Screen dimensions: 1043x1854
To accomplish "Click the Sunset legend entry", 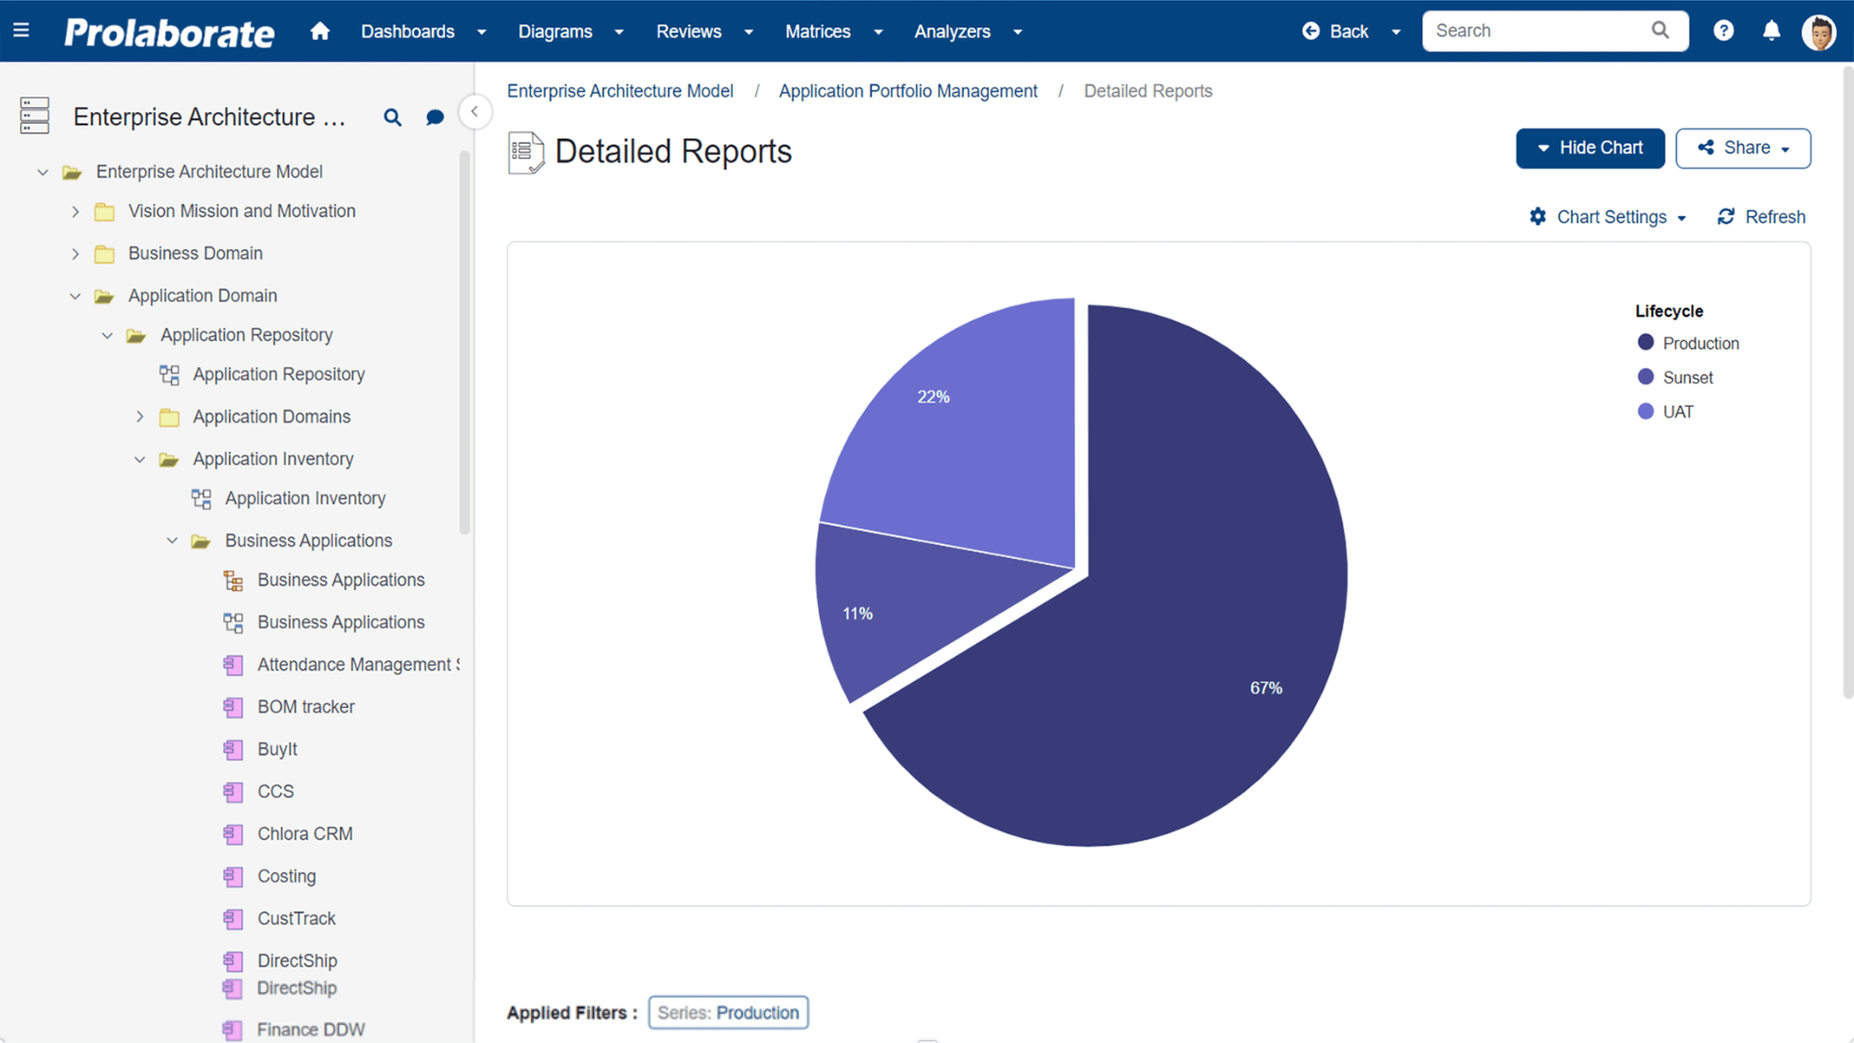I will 1687,378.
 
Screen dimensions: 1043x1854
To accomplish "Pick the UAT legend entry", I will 1677,412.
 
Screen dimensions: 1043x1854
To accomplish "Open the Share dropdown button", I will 1743,149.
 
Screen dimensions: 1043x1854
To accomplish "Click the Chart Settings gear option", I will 1609,217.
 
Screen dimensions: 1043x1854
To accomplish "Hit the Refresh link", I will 1761,217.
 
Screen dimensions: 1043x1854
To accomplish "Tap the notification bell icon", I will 1771,31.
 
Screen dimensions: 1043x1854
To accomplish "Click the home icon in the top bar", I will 320,31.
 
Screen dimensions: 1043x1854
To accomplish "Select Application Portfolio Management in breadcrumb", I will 908,91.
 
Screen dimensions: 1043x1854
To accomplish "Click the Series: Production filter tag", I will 728,1013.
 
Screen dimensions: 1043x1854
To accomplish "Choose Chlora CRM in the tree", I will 304,833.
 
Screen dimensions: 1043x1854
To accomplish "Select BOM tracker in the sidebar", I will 305,707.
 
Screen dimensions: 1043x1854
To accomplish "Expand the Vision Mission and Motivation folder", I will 75,211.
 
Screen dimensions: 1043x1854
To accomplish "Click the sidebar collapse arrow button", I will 474,112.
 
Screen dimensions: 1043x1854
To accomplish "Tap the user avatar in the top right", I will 1818,32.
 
